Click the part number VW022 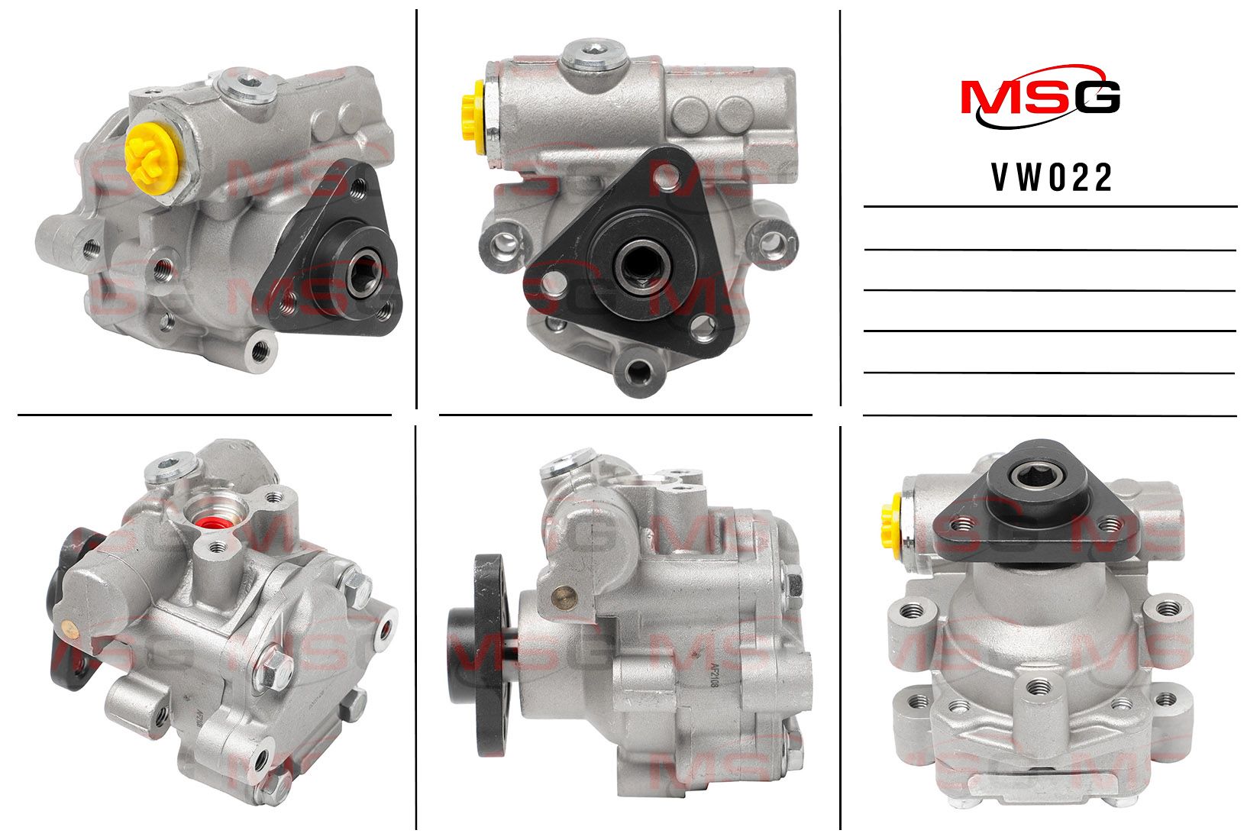1052,178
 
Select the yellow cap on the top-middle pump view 473,117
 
